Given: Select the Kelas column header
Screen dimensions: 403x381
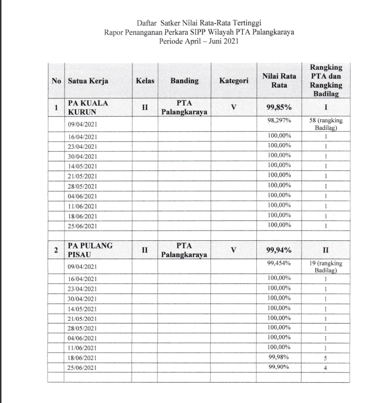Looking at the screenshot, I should (144, 81).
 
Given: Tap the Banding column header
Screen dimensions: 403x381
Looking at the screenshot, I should (184, 81).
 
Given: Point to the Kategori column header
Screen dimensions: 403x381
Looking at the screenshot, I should (234, 81).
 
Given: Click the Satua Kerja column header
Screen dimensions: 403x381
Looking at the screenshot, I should (88, 81).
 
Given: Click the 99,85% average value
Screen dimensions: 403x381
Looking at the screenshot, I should (279, 108).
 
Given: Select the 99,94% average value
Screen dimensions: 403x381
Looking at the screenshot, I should (279, 250).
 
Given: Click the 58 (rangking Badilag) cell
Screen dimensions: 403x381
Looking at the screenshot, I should (326, 124).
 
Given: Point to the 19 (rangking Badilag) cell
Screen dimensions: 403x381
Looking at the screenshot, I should (326, 266).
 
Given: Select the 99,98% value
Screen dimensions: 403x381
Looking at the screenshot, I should (279, 357).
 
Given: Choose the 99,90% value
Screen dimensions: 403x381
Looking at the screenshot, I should (279, 367).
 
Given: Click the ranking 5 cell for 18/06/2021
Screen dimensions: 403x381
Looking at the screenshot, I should (326, 358).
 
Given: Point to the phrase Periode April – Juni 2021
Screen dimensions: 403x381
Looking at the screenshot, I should (199, 42).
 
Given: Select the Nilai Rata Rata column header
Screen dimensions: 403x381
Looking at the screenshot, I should (279, 81).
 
